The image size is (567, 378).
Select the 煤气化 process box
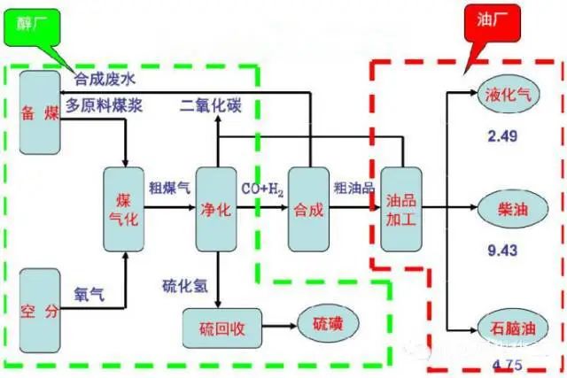click(x=123, y=209)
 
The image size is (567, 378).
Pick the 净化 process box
click(x=217, y=209)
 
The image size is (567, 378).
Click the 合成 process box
click(x=309, y=209)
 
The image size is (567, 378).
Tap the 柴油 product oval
click(x=508, y=209)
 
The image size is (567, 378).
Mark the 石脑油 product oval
click(x=508, y=328)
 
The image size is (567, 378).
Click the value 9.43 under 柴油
click(x=501, y=251)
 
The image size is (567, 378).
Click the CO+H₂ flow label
click(x=263, y=189)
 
